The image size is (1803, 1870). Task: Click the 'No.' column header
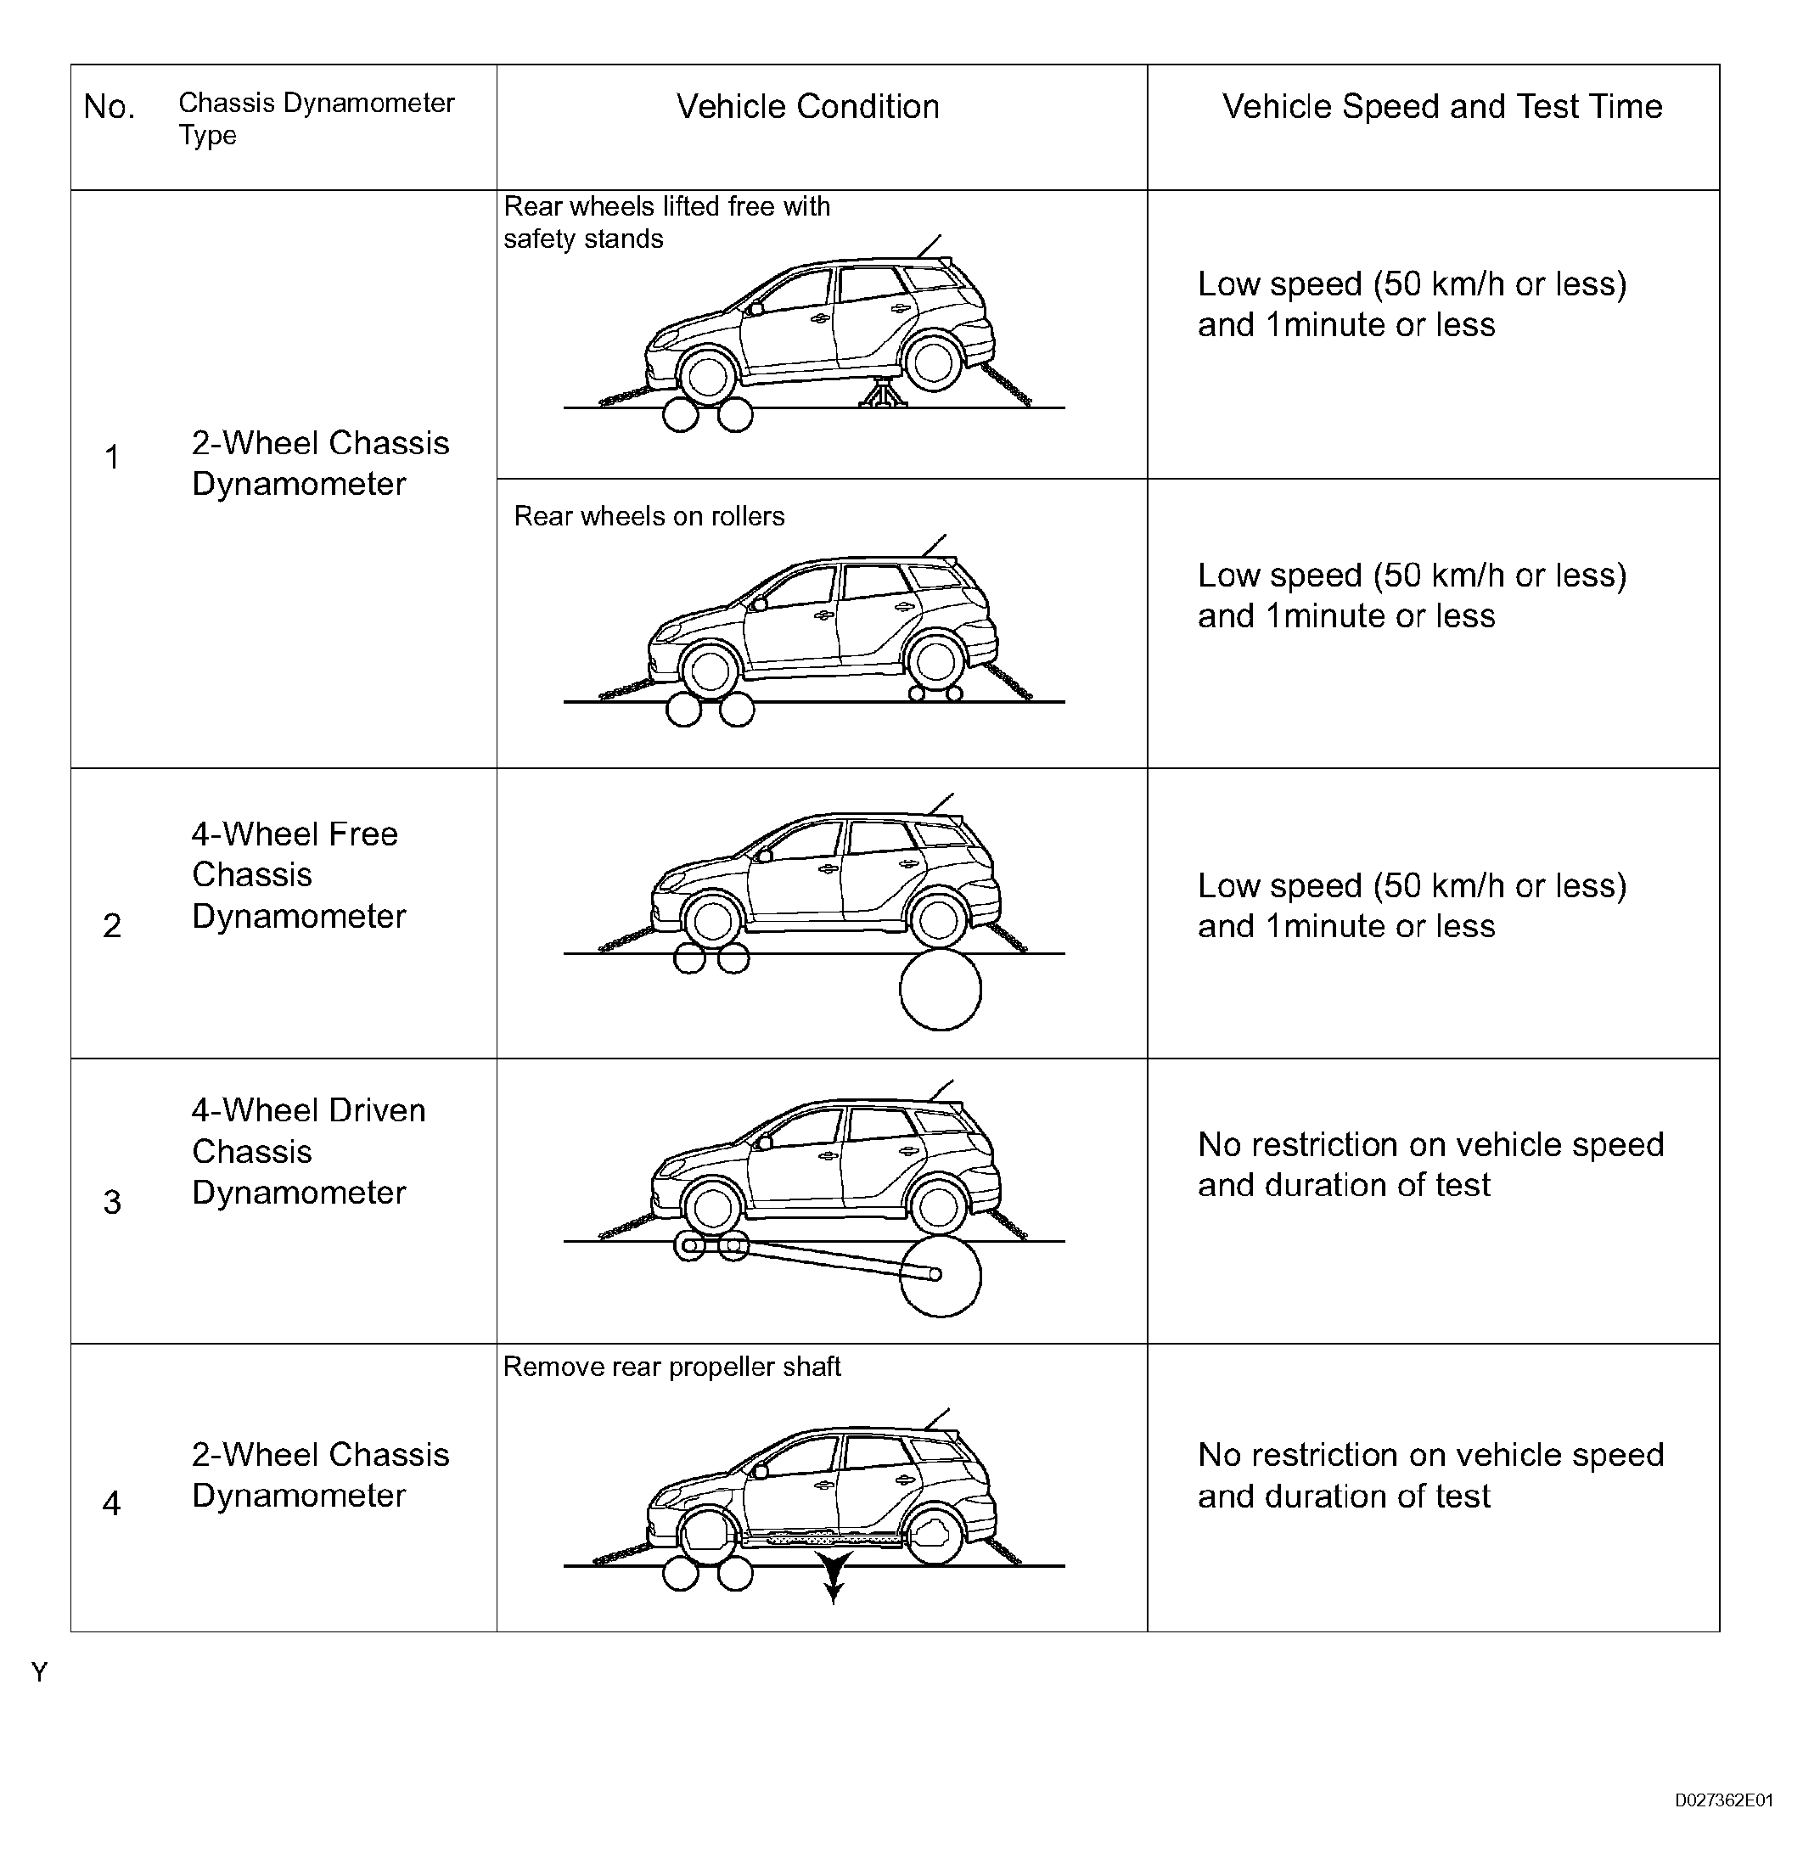(109, 107)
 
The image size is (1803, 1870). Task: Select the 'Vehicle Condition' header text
(807, 107)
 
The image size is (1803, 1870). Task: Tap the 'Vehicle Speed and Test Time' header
(1441, 107)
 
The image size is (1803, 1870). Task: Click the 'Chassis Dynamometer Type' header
(316, 118)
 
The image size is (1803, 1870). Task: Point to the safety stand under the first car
(884, 392)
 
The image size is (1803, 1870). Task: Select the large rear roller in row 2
(940, 990)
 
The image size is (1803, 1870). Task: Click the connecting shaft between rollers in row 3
(830, 1259)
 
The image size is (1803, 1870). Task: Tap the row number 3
(111, 1201)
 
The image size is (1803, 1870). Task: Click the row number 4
(111, 1502)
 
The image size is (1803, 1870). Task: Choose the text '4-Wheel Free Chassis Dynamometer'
(298, 875)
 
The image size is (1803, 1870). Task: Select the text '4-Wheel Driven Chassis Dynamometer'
(307, 1152)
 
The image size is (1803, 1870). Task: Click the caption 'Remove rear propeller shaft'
(671, 1367)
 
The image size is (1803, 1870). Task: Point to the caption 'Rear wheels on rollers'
(649, 516)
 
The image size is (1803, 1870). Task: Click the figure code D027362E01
(1723, 1800)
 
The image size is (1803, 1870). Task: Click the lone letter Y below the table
(39, 1671)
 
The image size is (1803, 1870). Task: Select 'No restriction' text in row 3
(1430, 1164)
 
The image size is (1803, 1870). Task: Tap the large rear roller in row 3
(940, 1277)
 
